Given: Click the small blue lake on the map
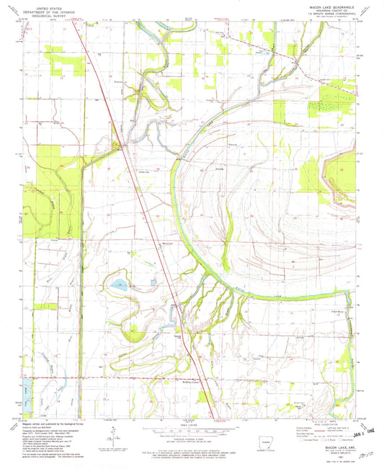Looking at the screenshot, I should [118, 286].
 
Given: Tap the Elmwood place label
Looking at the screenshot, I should [233, 150].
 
